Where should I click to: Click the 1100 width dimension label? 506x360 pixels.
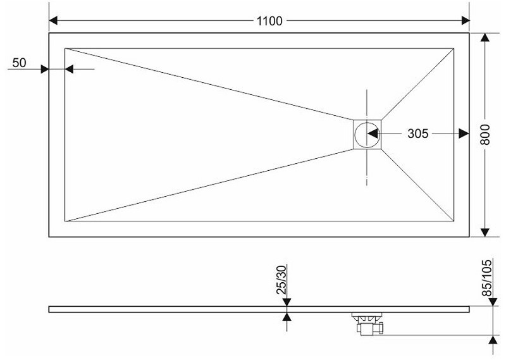(x=269, y=21)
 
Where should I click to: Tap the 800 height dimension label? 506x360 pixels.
(x=484, y=134)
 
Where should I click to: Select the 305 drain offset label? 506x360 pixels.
(x=417, y=133)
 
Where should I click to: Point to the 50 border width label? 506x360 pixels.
(x=20, y=63)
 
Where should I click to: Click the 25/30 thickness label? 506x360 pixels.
(x=281, y=280)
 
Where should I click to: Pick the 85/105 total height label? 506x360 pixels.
(x=486, y=278)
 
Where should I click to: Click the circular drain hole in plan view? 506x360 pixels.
(x=367, y=134)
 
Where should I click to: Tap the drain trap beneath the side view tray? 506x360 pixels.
(x=369, y=324)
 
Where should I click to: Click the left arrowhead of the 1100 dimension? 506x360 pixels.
(x=54, y=20)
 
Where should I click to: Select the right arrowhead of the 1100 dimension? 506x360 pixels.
(x=466, y=20)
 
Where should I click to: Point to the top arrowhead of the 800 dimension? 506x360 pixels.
(x=484, y=37)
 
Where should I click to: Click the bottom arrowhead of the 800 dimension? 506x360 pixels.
(x=484, y=232)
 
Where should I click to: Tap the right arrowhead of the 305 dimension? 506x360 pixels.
(x=464, y=133)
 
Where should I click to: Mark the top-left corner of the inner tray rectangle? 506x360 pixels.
(x=65, y=49)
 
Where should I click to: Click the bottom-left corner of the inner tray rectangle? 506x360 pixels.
(x=65, y=221)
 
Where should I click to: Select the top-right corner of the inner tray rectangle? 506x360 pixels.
(x=454, y=49)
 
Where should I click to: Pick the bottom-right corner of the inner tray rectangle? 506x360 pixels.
(x=454, y=221)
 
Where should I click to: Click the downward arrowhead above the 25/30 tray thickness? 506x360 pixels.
(x=287, y=302)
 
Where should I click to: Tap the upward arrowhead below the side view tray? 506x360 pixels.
(x=287, y=317)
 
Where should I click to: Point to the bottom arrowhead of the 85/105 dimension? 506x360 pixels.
(x=493, y=340)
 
